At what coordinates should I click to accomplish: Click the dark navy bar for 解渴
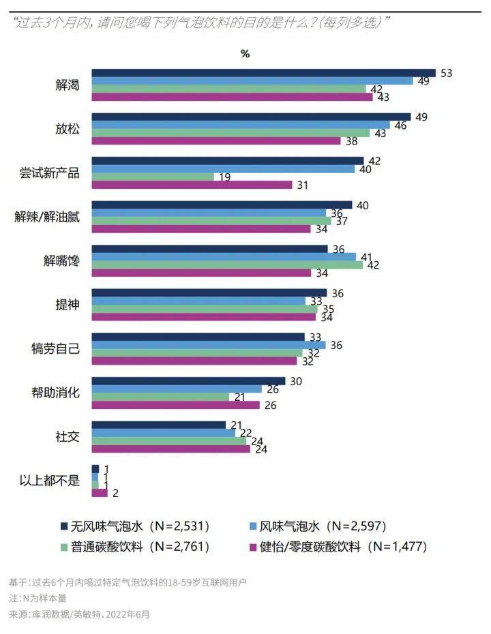(263, 73)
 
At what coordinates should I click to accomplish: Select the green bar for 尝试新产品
(153, 177)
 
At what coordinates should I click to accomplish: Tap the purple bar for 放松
(215, 140)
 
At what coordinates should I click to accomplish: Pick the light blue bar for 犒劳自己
(208, 345)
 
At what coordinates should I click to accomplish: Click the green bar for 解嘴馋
(227, 265)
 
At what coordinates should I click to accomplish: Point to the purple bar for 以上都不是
(100, 492)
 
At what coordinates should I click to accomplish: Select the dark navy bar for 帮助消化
(188, 381)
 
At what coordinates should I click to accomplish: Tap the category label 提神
(67, 305)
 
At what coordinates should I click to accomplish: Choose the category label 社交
(67, 436)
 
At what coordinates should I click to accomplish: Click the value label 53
(447, 73)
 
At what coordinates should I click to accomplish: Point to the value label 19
(225, 177)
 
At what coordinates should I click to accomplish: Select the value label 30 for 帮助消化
(296, 381)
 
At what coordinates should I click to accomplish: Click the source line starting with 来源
(78, 614)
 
